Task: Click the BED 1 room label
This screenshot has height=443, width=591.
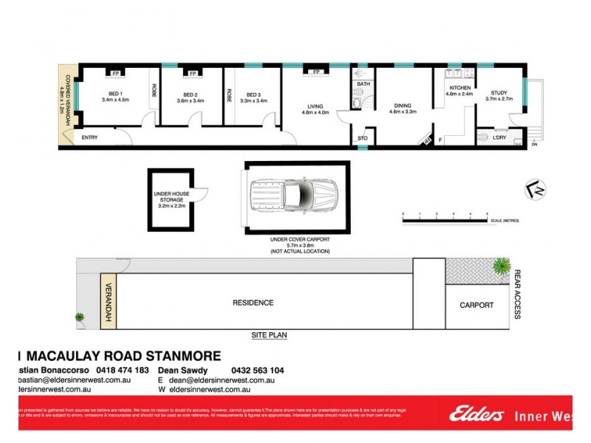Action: click(x=116, y=94)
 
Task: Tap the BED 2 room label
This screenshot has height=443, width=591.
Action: click(x=191, y=95)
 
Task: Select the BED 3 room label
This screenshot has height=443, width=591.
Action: click(x=255, y=95)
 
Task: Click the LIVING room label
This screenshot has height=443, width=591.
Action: click(x=315, y=105)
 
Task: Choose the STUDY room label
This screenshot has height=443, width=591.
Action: click(x=500, y=92)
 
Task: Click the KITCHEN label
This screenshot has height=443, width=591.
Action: click(x=458, y=88)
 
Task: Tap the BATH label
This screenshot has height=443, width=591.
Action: click(x=363, y=84)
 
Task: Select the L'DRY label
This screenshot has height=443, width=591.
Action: click(x=489, y=138)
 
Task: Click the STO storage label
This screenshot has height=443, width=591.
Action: click(x=362, y=138)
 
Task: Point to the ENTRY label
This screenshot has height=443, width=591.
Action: click(x=90, y=138)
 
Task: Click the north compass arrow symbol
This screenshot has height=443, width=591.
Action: click(x=539, y=190)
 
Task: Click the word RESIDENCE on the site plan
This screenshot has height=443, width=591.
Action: click(x=253, y=303)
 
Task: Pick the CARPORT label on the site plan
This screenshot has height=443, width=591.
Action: click(x=476, y=305)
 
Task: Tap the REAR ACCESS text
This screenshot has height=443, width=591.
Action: click(x=518, y=294)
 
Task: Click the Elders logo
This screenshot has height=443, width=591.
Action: click(x=477, y=414)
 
